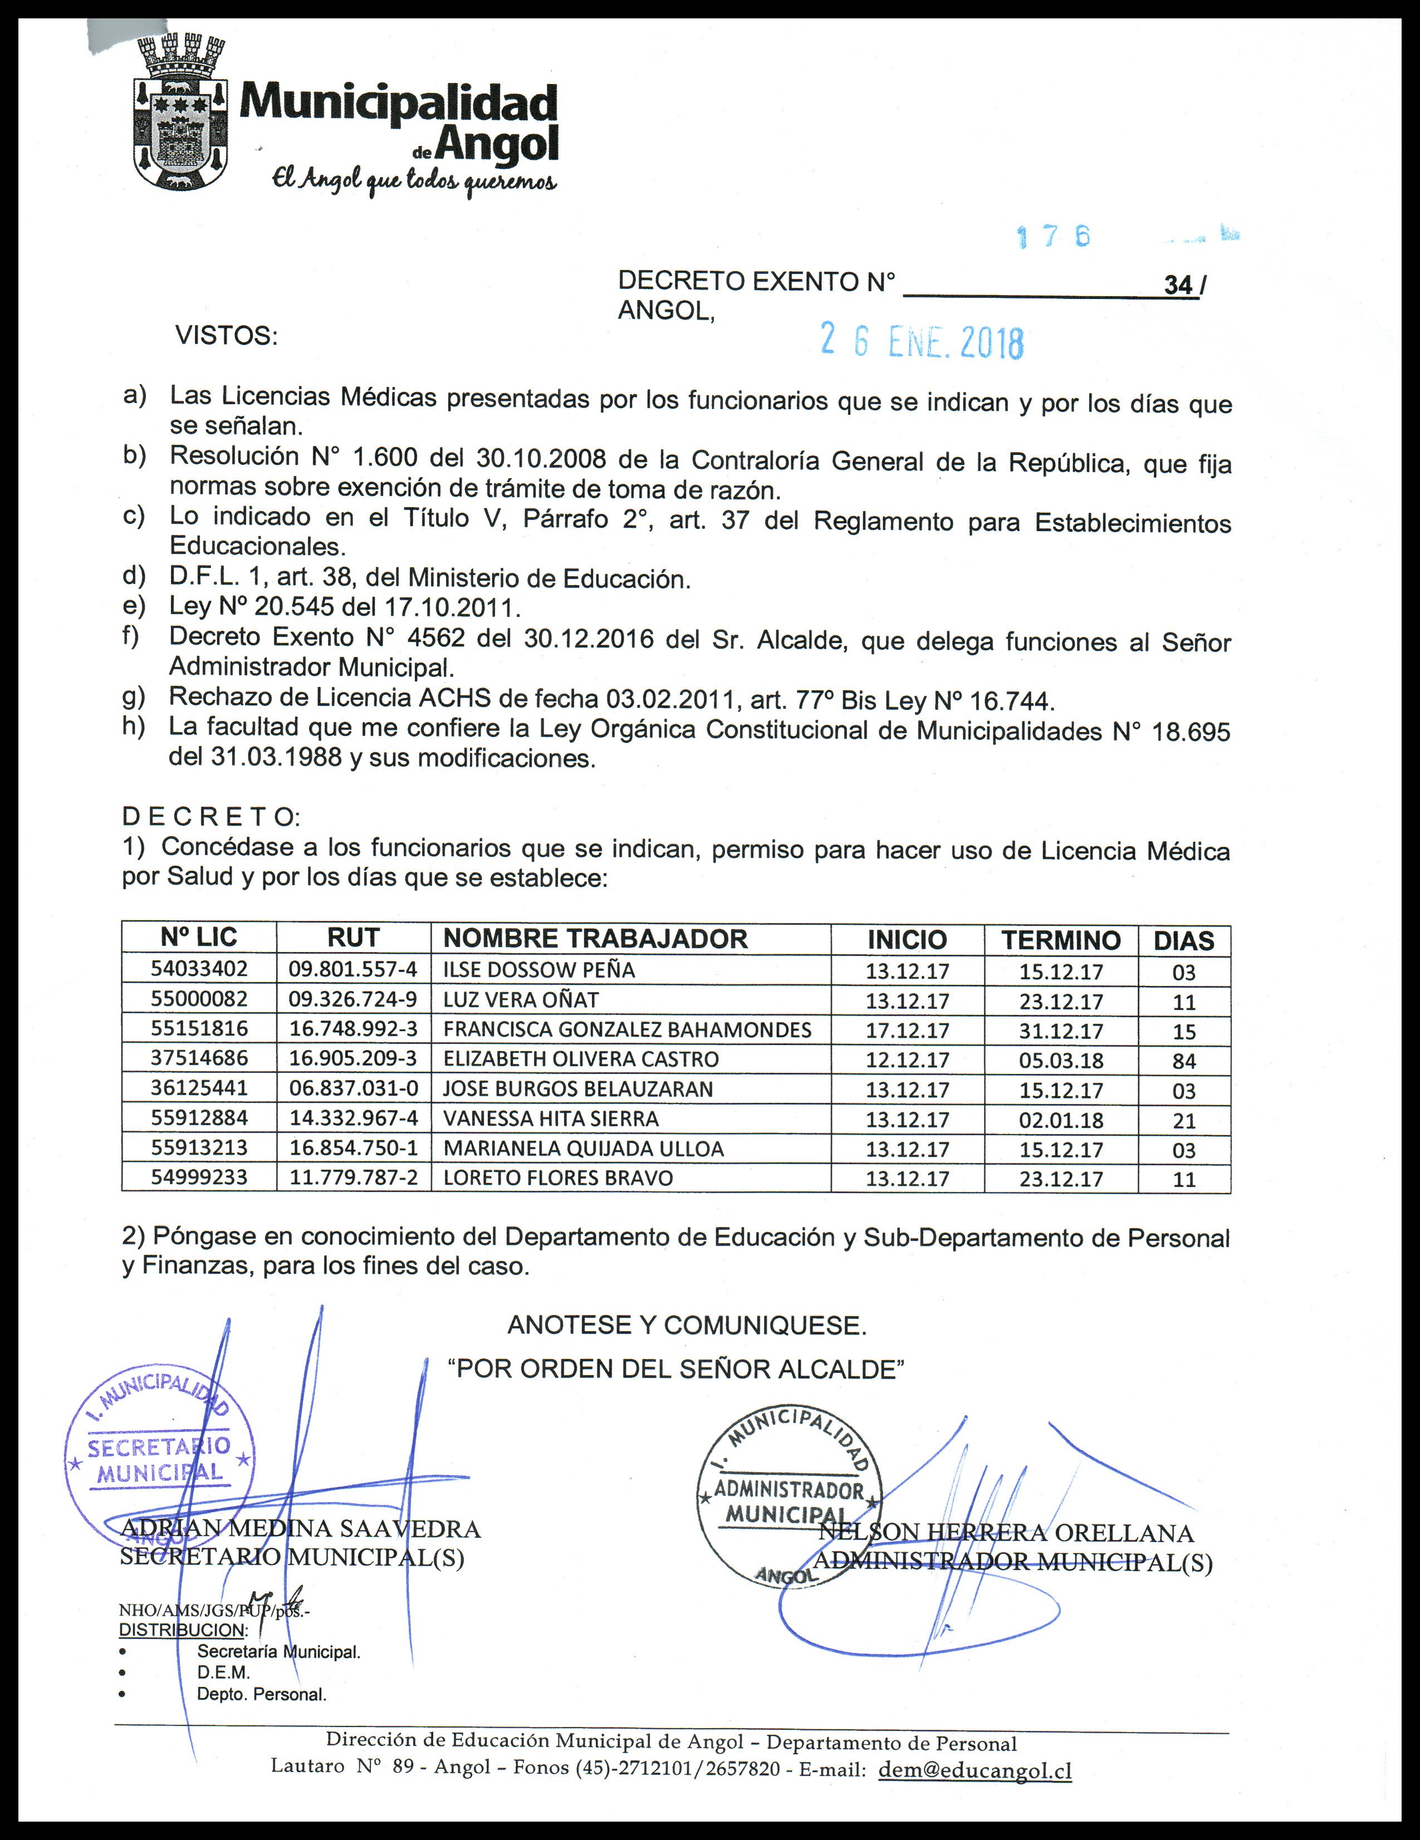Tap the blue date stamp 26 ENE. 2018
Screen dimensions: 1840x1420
[x=922, y=342]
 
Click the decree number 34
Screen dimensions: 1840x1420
[x=1178, y=286]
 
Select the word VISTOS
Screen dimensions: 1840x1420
[x=226, y=336]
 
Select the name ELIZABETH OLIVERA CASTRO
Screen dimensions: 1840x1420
[x=581, y=1059]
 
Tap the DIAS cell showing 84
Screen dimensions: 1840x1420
[x=1183, y=1061]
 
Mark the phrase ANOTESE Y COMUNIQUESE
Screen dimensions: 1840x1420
[x=686, y=1325]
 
